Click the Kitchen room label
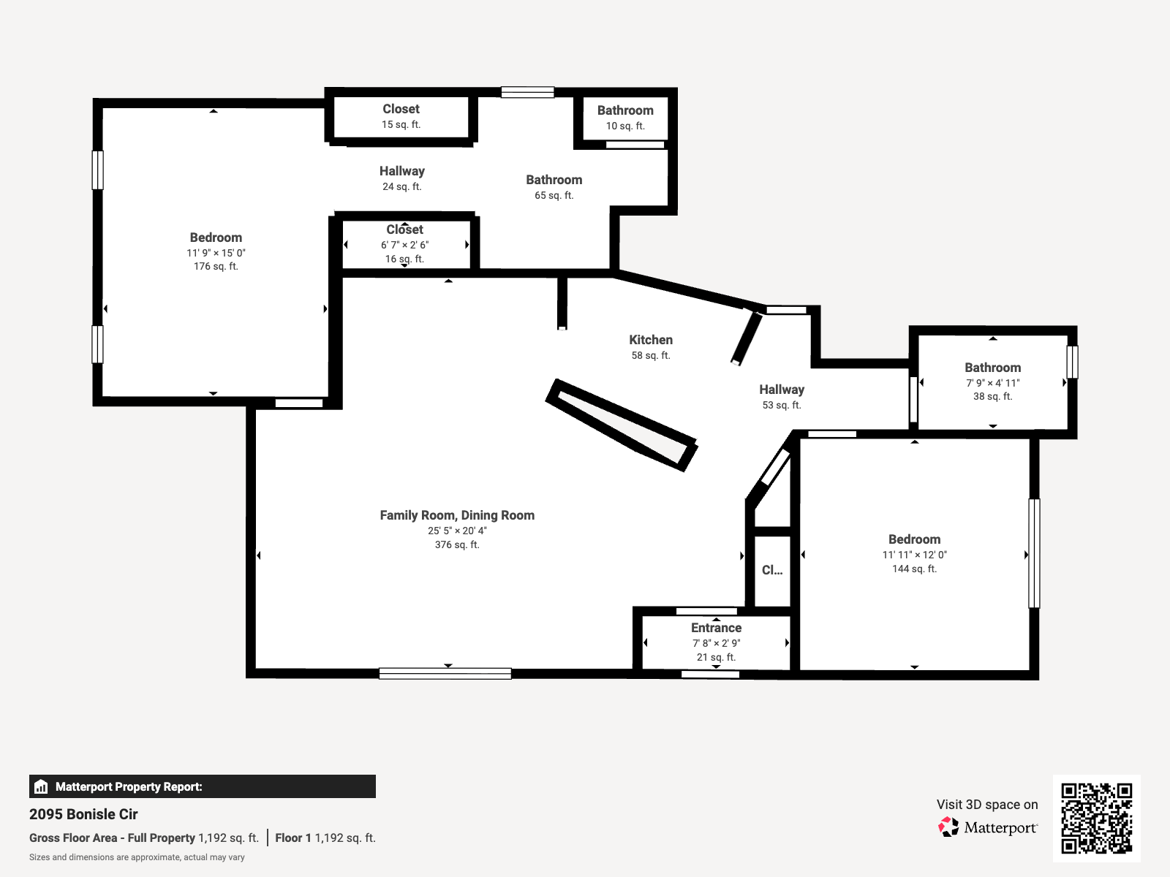650,340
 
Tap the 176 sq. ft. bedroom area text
216,266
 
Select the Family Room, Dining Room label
457,515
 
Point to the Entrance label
716,628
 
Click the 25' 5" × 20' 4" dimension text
457,531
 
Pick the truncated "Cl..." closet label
771,570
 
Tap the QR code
1096,819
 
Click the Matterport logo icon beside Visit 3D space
948,827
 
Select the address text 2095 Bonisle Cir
83,814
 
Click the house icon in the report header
41,786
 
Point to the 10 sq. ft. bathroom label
625,126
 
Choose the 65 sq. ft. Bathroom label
554,180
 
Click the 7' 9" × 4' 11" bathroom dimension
992,383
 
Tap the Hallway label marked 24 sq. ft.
402,171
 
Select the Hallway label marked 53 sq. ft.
782,390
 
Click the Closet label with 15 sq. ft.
401,109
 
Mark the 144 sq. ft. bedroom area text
914,569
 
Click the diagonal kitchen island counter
622,425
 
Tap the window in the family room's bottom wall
445,674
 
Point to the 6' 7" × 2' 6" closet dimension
404,245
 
